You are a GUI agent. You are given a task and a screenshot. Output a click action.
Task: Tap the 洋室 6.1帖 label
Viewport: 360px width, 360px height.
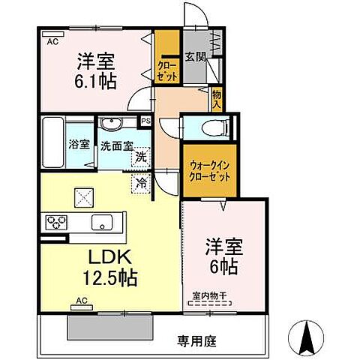(95, 71)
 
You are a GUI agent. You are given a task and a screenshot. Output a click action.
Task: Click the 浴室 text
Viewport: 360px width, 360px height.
(79, 145)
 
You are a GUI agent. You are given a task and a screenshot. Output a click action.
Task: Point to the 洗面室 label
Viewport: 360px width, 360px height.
(116, 145)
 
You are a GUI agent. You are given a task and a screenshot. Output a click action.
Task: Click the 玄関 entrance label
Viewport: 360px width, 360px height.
(195, 55)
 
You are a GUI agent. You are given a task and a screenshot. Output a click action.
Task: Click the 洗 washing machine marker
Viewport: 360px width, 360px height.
(140, 157)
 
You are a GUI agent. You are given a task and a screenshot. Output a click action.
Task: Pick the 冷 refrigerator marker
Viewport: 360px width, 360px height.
(140, 181)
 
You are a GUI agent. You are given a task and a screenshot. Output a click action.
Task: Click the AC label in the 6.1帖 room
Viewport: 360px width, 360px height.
(52, 42)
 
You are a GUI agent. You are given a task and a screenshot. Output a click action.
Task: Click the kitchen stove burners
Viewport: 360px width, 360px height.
(57, 222)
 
